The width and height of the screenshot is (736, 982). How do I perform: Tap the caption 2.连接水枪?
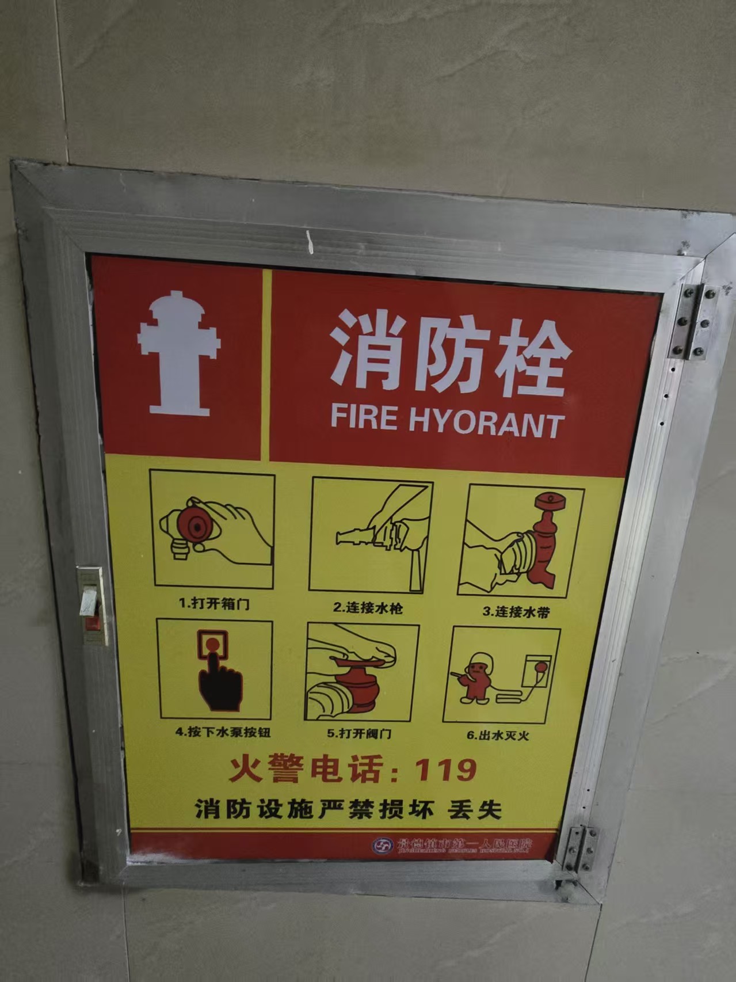368,608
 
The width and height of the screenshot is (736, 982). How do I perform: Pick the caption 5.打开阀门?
360,733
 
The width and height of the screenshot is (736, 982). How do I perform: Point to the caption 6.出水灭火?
497,736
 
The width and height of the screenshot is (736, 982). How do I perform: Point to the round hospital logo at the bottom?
381,844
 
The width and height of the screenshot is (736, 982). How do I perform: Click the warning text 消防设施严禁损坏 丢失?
348,809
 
